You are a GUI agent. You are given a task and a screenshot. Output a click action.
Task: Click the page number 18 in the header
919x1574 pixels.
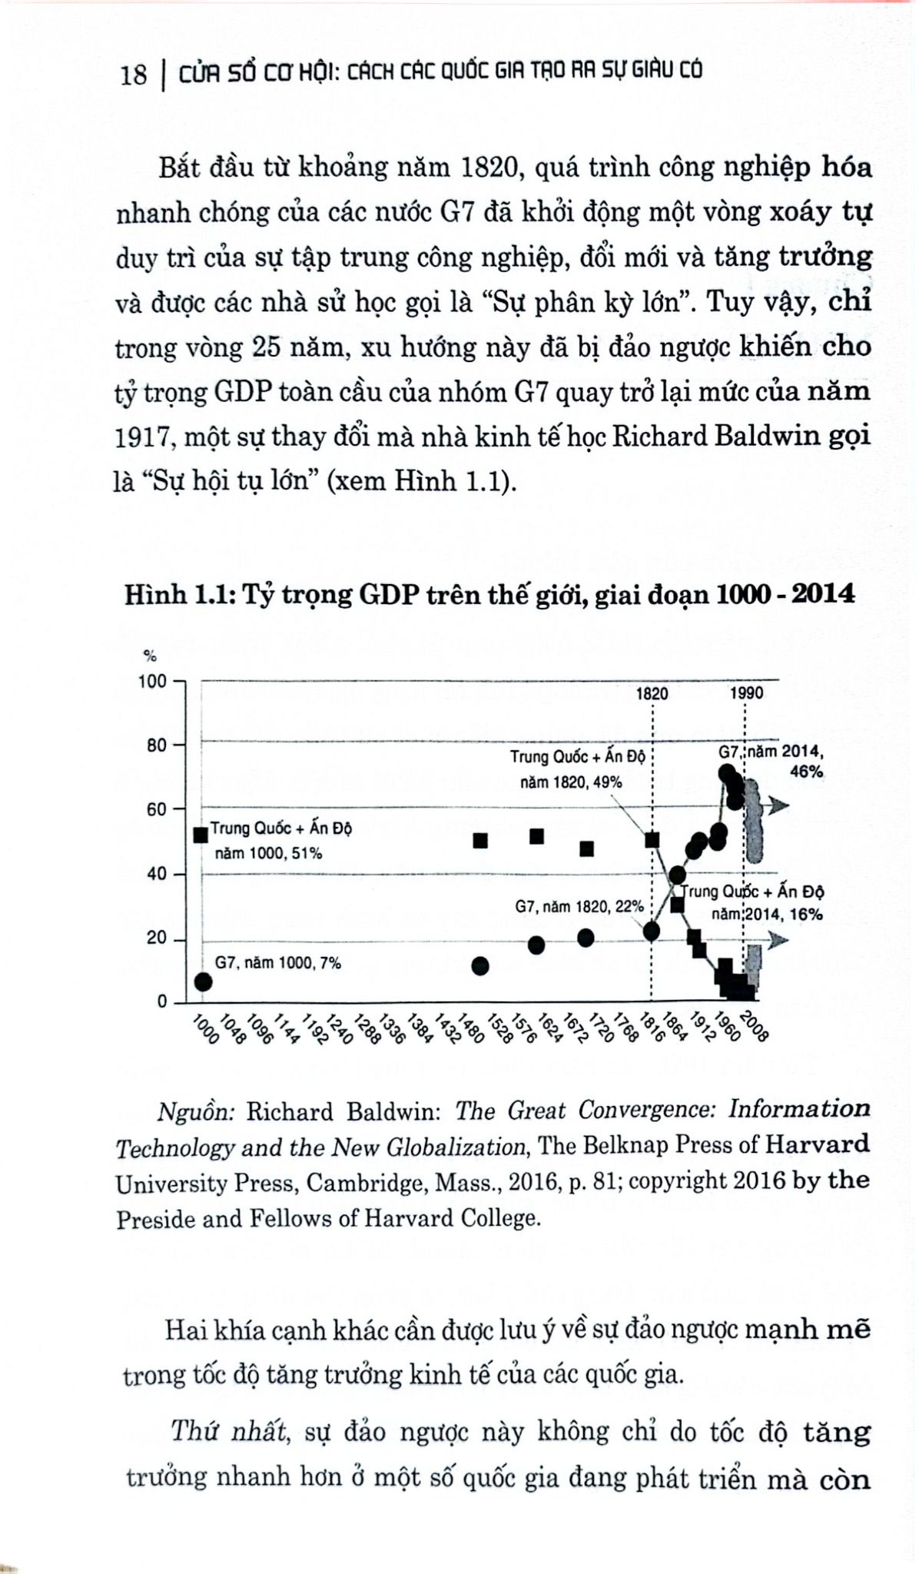133,75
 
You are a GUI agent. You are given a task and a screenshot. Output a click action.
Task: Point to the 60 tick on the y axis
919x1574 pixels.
156,809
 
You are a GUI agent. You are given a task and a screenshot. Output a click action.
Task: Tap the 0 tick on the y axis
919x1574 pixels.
161,1001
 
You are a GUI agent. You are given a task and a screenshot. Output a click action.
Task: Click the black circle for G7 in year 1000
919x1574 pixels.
203,981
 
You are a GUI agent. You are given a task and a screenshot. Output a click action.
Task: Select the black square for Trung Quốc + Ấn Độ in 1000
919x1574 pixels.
201,835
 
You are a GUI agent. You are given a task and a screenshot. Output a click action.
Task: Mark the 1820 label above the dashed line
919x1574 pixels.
652,693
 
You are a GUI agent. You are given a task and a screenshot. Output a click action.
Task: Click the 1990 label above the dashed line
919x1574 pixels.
747,693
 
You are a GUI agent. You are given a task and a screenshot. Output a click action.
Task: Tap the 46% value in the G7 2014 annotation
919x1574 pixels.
807,772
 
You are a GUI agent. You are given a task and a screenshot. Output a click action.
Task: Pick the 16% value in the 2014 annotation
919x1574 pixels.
807,914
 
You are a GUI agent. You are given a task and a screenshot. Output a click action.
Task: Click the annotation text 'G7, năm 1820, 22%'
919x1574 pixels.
579,907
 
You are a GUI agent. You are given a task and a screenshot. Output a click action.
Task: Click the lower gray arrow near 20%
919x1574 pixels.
778,940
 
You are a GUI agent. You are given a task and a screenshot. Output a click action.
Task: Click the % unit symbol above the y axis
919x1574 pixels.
151,656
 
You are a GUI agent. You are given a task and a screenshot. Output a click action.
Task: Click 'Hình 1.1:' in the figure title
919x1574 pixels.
178,594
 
